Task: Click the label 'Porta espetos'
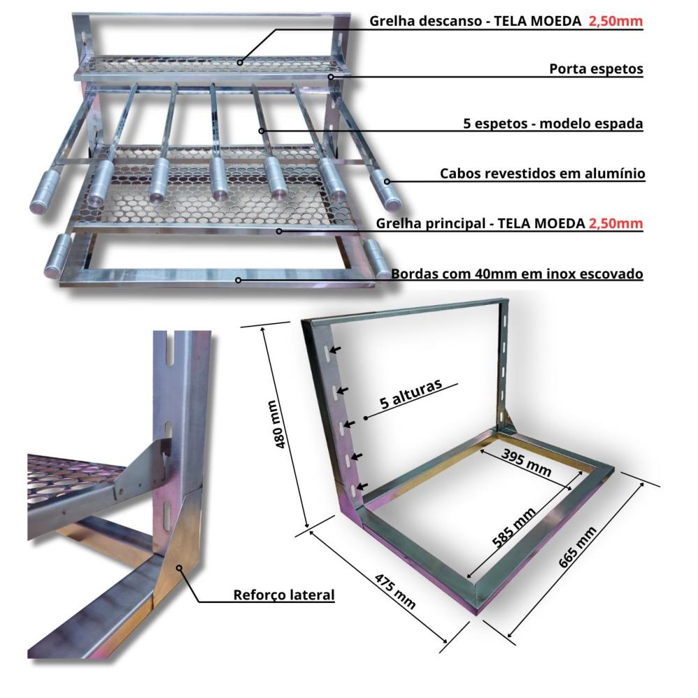(595, 69)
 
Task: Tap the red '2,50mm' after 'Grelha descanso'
(616, 21)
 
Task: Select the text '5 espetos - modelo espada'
(553, 124)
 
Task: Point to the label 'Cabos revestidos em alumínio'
(542, 173)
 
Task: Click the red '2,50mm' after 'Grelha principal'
(616, 224)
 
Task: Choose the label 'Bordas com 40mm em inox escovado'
(517, 274)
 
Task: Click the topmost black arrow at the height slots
(336, 349)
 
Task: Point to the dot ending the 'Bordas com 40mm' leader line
(239, 281)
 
